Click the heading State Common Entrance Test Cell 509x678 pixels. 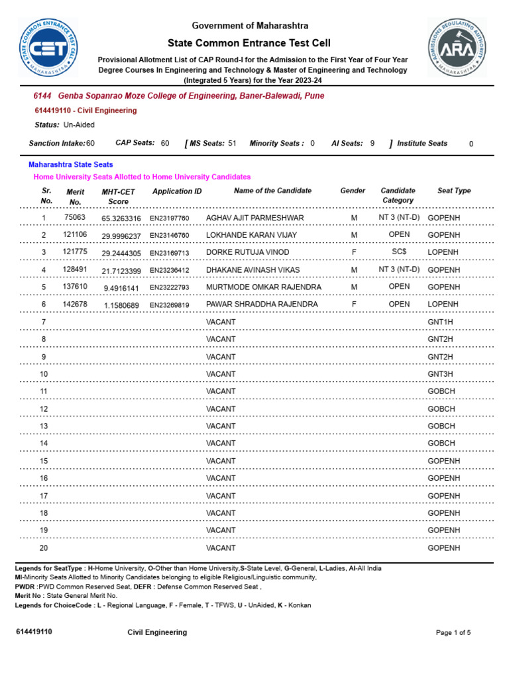(250, 42)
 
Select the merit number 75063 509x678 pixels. (75, 217)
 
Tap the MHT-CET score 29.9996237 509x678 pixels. (121, 236)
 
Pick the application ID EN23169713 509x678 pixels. (169, 253)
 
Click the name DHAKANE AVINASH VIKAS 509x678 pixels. (253, 270)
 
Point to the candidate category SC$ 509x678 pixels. (399, 252)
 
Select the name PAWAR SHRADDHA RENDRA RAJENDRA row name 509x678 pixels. (262, 305)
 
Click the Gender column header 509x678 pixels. (353, 191)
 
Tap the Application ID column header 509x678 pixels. (177, 191)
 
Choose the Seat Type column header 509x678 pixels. (454, 191)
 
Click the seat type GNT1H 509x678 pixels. (440, 322)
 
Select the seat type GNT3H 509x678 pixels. (440, 374)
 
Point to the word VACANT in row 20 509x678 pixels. (221, 548)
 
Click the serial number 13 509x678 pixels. (44, 426)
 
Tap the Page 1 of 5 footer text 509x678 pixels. (453, 633)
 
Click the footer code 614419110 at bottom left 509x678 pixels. (34, 632)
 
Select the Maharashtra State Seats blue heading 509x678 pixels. (71, 164)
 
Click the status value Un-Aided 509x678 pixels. (79, 124)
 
